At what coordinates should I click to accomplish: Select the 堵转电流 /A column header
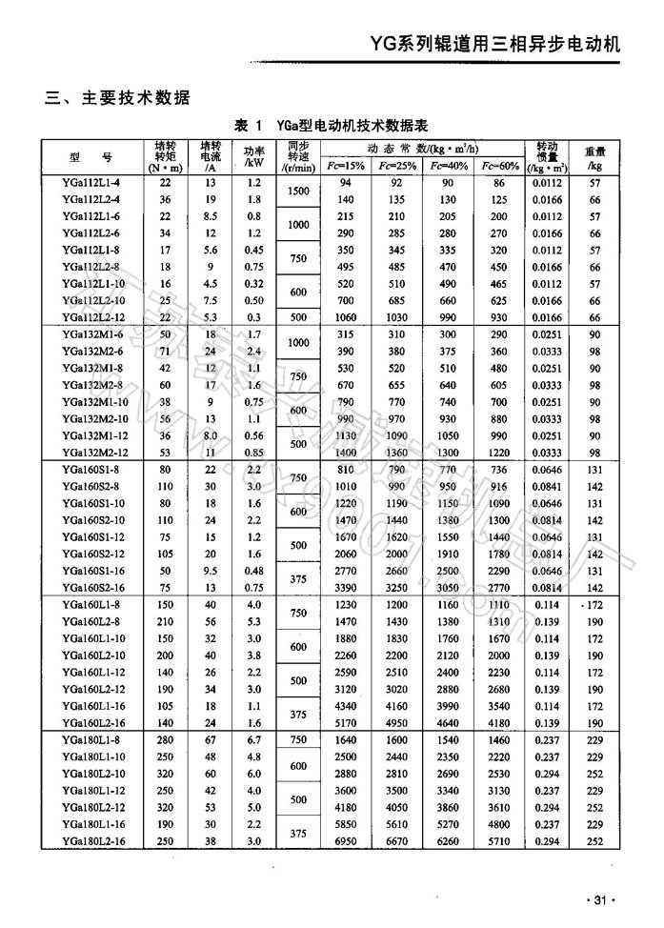[x=210, y=154]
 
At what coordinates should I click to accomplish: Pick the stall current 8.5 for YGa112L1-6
[x=210, y=216]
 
